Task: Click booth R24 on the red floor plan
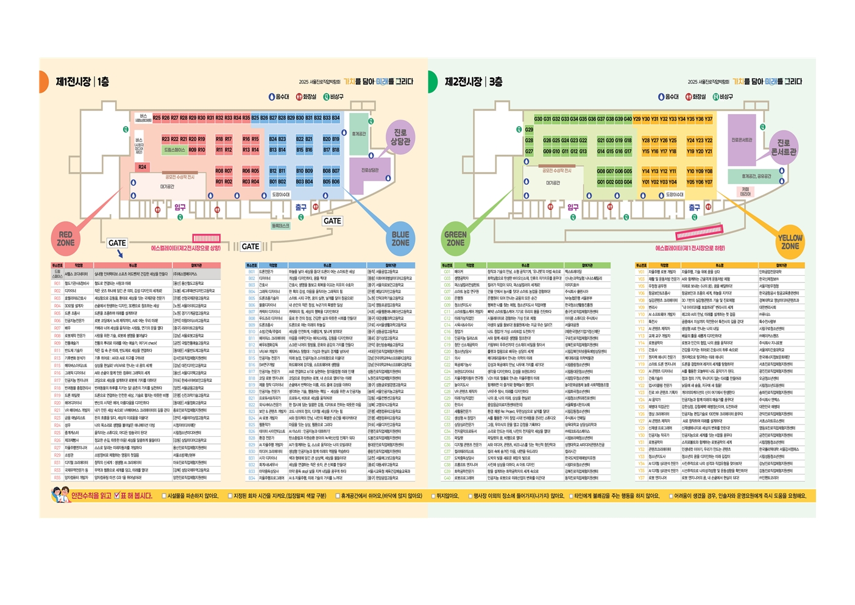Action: click(x=142, y=166)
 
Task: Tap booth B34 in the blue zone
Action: click(x=336, y=118)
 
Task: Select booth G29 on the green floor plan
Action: click(x=529, y=130)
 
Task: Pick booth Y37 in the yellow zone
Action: click(x=708, y=119)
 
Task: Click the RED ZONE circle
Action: click(x=66, y=238)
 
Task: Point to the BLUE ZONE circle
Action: click(x=400, y=238)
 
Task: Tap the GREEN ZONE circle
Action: click(x=455, y=238)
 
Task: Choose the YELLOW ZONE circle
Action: click(x=790, y=242)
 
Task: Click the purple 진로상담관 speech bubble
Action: click(x=400, y=137)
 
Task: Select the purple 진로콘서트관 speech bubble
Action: click(x=784, y=147)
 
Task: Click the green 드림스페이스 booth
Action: click(x=174, y=149)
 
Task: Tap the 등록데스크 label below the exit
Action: click(x=280, y=226)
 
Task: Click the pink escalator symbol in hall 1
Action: click(x=206, y=238)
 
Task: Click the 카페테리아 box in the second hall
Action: click(x=745, y=192)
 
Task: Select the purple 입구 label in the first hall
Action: click(x=180, y=207)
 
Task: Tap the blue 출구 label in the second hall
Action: click(x=694, y=207)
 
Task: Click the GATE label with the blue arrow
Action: click(x=117, y=243)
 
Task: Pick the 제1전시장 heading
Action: click(x=73, y=82)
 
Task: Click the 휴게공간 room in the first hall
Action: click(x=359, y=134)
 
